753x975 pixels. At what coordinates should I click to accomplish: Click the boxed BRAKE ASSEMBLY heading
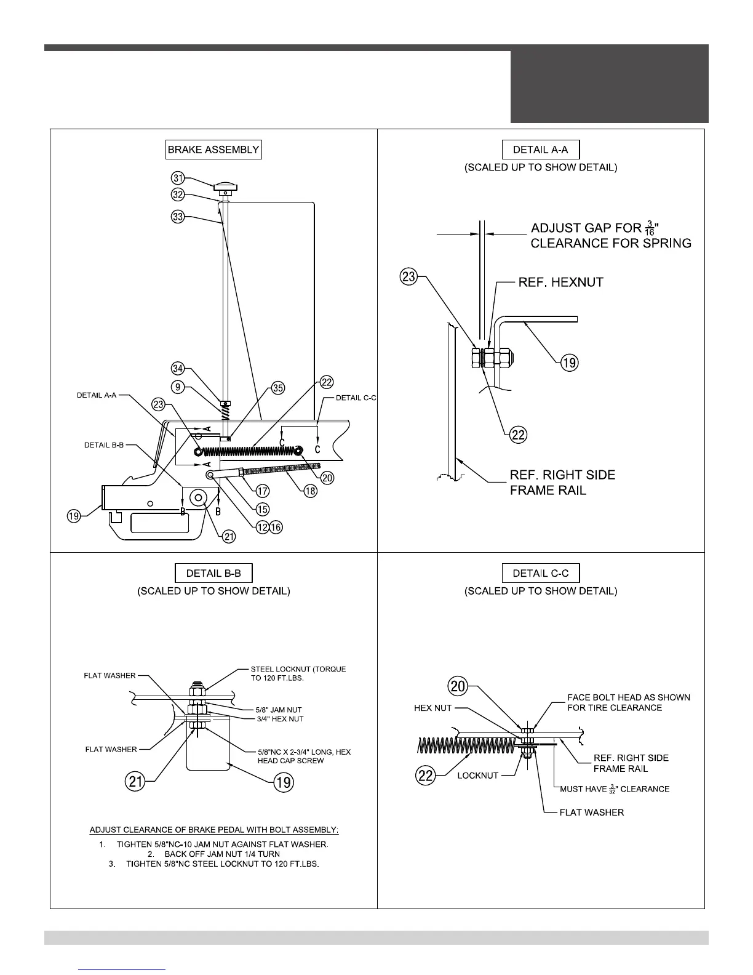coord(213,150)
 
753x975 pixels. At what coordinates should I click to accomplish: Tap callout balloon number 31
coord(178,178)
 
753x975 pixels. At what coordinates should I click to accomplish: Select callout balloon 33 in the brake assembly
coord(178,217)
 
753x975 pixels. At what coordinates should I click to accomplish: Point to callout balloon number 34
coord(178,369)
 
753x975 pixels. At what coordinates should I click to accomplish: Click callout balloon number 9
coord(178,388)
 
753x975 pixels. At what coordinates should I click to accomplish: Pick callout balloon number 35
coord(278,388)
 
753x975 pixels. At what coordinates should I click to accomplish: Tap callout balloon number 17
coord(263,491)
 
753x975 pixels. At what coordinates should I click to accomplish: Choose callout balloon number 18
coord(311,491)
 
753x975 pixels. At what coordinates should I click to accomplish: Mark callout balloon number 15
coord(263,509)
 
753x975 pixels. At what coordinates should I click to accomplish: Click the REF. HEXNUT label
coord(560,283)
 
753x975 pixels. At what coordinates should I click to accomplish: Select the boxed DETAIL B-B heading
coord(213,573)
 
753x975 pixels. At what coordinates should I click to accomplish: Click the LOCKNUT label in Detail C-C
coord(477,776)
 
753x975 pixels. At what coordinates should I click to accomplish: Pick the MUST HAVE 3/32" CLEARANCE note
coord(615,789)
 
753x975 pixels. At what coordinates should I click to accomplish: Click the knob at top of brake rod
coord(226,187)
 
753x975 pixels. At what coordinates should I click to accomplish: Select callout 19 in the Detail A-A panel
coord(570,363)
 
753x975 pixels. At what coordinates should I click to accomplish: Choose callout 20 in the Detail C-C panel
coord(459,685)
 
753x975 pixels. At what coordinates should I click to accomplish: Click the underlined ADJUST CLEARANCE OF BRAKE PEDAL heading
coord(214,830)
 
